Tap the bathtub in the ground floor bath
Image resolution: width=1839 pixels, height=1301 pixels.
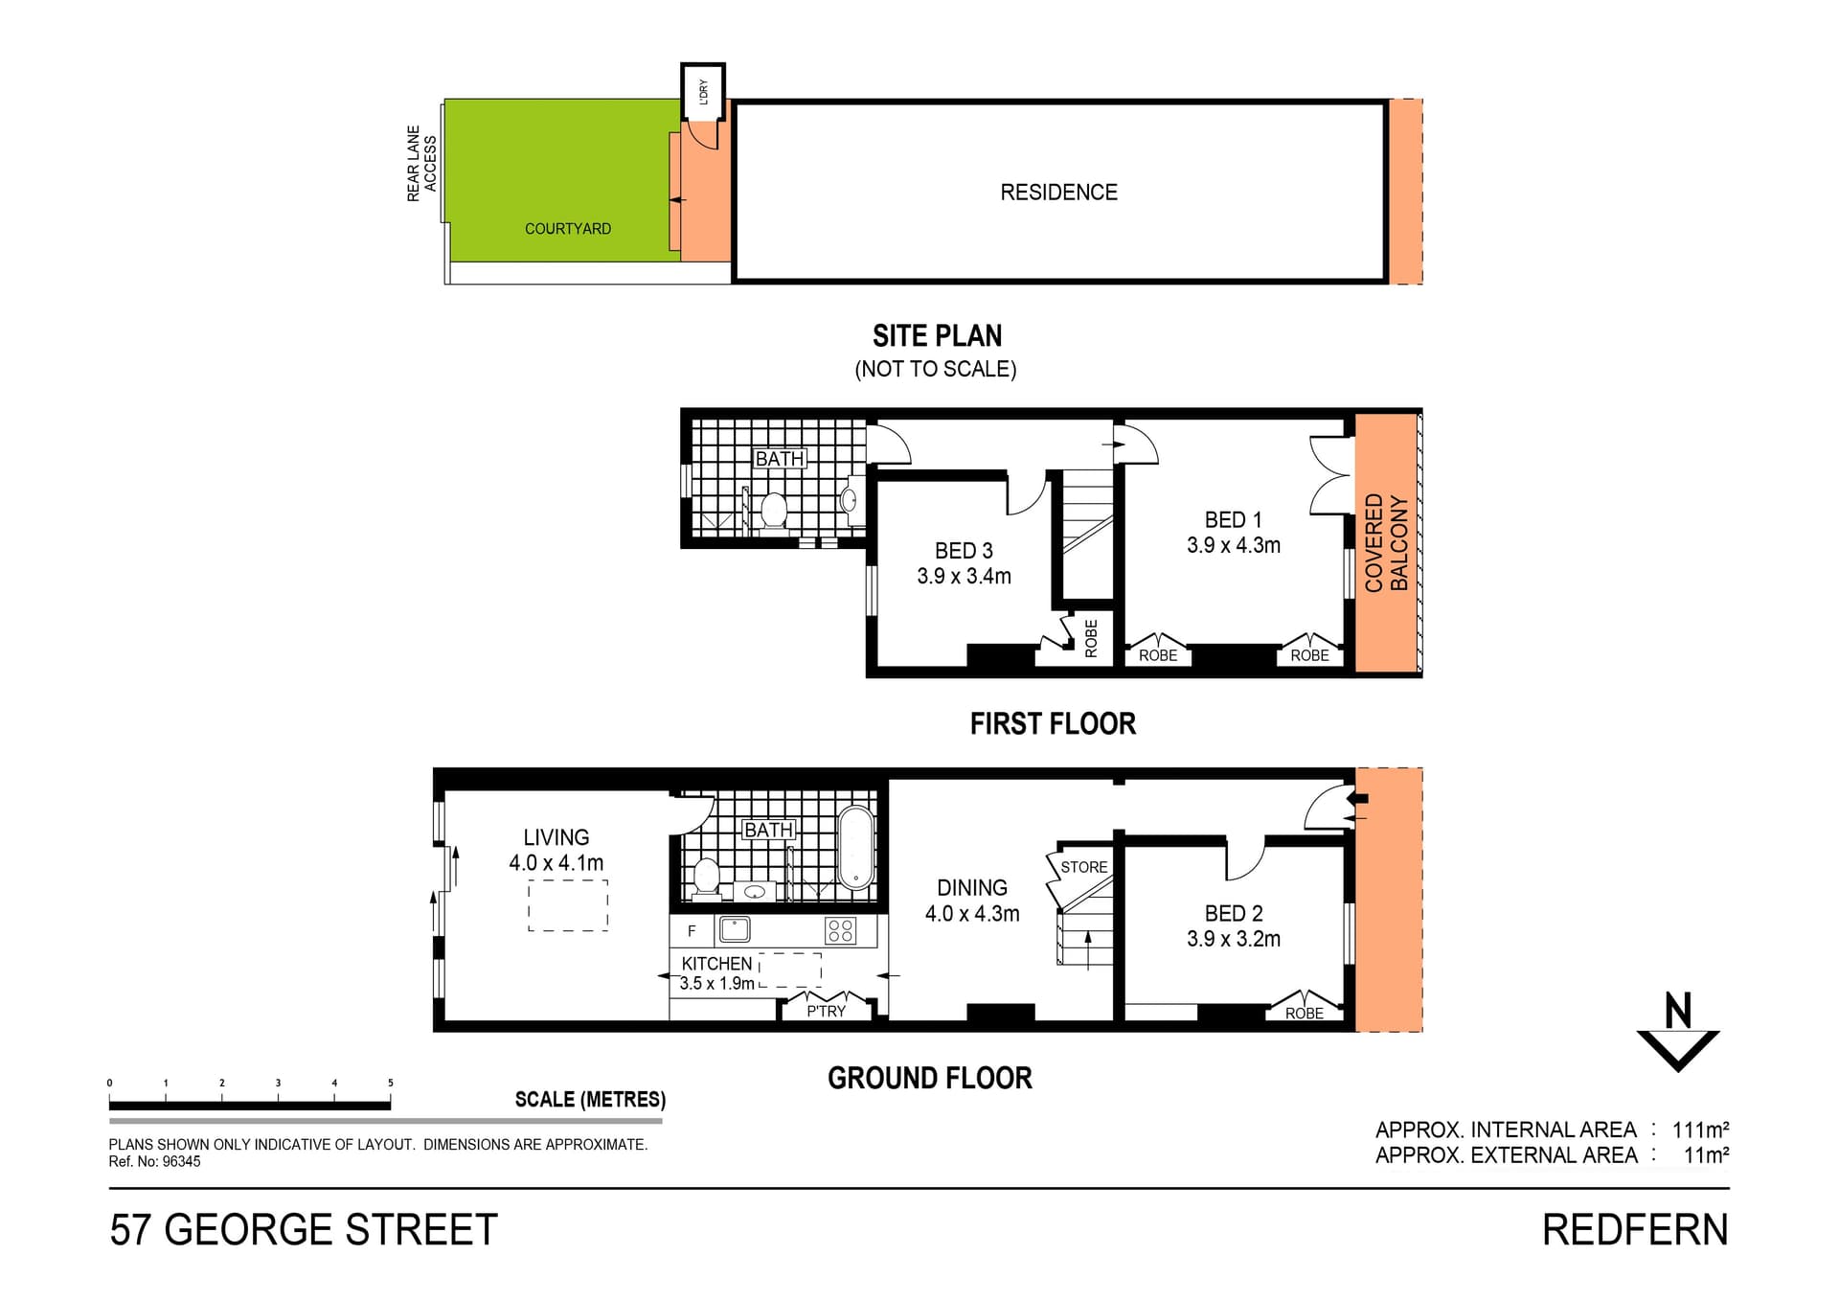click(855, 848)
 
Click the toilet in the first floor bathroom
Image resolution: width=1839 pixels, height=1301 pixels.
click(773, 510)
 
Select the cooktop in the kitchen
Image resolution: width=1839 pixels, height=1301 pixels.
click(841, 930)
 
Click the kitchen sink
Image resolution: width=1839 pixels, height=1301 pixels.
click(735, 929)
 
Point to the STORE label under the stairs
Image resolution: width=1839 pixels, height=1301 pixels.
click(1084, 867)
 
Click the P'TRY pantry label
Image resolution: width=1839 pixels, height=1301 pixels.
click(826, 1011)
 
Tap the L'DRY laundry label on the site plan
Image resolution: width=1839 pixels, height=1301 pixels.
click(704, 92)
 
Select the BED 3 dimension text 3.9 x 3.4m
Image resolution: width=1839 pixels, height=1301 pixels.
click(964, 576)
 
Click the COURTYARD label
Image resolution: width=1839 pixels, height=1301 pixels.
click(568, 229)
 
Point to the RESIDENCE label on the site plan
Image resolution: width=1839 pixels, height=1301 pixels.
click(1058, 193)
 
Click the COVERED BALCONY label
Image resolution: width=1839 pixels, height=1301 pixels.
click(1386, 543)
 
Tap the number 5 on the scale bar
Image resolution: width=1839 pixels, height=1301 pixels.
click(391, 1083)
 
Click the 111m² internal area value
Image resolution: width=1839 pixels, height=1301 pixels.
click(1700, 1130)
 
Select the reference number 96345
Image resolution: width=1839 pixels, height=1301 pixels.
click(182, 1162)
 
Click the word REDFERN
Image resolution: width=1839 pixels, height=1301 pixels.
click(1635, 1230)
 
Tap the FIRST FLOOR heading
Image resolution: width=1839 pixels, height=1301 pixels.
click(1053, 723)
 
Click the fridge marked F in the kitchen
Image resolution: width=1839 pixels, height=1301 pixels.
click(692, 930)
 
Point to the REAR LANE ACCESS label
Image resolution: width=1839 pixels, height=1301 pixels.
click(421, 164)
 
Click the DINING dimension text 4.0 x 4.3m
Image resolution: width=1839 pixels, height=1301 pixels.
click(972, 914)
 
